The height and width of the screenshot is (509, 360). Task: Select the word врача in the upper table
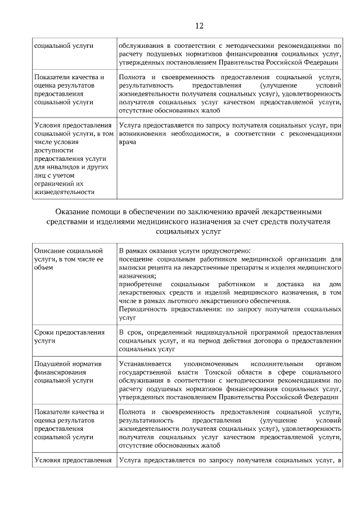point(128,143)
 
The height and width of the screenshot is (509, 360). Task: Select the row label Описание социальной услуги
point(68,259)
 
